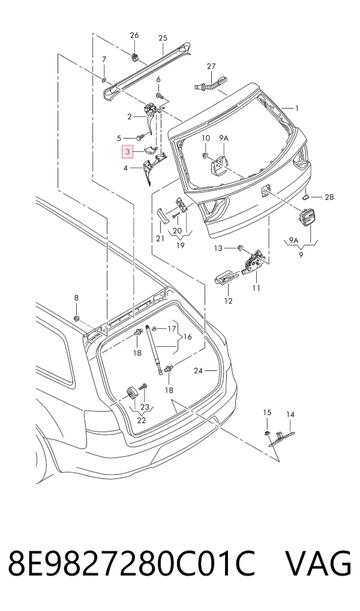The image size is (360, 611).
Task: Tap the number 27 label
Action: click(x=211, y=67)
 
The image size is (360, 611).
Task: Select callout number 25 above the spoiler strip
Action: click(x=163, y=38)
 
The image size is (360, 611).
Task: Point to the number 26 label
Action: click(x=134, y=35)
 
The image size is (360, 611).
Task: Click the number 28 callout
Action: click(x=329, y=197)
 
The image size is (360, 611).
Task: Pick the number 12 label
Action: click(x=229, y=301)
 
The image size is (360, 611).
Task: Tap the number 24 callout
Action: click(x=199, y=371)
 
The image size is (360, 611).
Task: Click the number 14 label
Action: click(x=290, y=415)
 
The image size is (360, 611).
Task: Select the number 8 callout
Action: click(x=76, y=298)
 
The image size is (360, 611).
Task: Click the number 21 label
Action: click(x=160, y=238)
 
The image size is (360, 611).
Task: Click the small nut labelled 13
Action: click(x=240, y=248)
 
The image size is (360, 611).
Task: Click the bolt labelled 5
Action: click(x=140, y=137)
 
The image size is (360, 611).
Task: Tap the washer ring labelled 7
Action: click(x=104, y=80)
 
